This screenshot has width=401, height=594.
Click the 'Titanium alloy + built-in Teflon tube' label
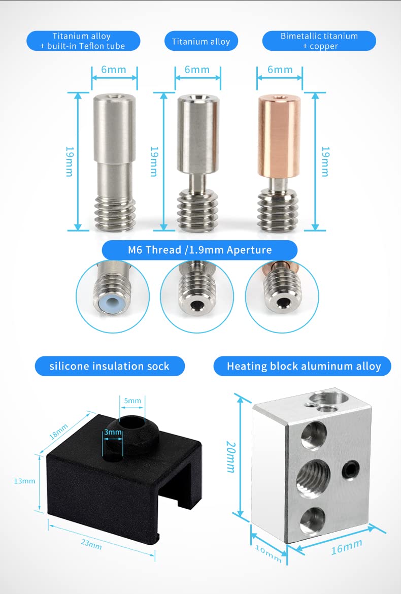[83, 41]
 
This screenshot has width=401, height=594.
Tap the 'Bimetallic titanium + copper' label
[319, 41]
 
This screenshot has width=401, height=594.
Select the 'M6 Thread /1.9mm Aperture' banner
[199, 250]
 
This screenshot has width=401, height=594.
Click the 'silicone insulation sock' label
[110, 366]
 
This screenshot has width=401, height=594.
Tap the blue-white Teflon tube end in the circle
[112, 302]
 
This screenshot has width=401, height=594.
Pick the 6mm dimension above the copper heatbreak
[280, 70]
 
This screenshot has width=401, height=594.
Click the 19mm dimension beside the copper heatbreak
[325, 161]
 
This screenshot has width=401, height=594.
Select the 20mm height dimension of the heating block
[230, 457]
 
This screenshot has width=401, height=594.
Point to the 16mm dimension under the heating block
[347, 547]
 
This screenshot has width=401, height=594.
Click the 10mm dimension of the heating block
[268, 553]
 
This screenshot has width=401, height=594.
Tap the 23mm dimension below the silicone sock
[91, 544]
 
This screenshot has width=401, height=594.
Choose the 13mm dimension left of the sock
[24, 481]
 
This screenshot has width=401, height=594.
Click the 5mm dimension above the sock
[132, 401]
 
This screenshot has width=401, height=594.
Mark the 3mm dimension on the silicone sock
[113, 432]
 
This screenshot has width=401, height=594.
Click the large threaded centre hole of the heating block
[313, 477]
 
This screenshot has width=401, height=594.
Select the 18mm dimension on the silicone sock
[58, 431]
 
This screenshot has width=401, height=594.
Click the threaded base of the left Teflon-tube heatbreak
[115, 213]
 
